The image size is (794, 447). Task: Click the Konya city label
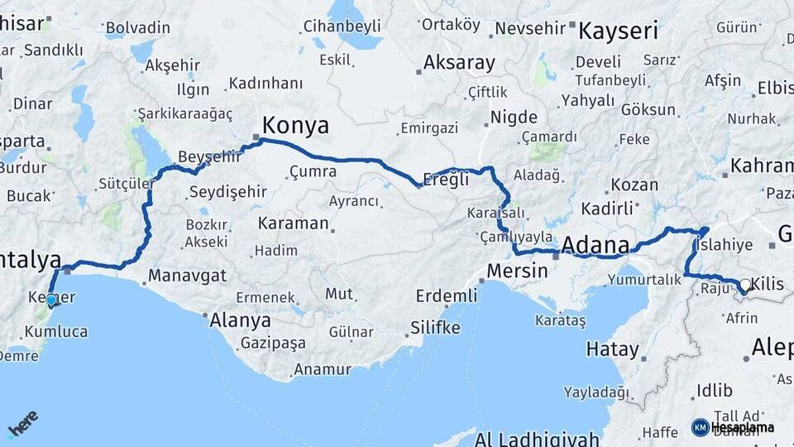click(295, 126)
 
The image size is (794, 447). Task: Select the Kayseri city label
click(618, 31)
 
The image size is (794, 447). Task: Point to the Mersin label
click(518, 270)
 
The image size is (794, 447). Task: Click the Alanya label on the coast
click(241, 320)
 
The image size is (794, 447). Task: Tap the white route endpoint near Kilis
click(744, 286)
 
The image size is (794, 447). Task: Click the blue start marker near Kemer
click(51, 300)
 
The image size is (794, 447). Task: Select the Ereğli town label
click(446, 179)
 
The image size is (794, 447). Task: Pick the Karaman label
click(293, 223)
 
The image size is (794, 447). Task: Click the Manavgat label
click(188, 275)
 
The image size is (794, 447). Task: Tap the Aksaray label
click(459, 63)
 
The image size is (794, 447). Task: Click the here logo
click(22, 424)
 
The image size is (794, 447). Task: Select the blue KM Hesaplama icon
click(700, 427)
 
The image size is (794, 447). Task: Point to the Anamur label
click(323, 369)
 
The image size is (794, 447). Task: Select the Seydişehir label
click(227, 192)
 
